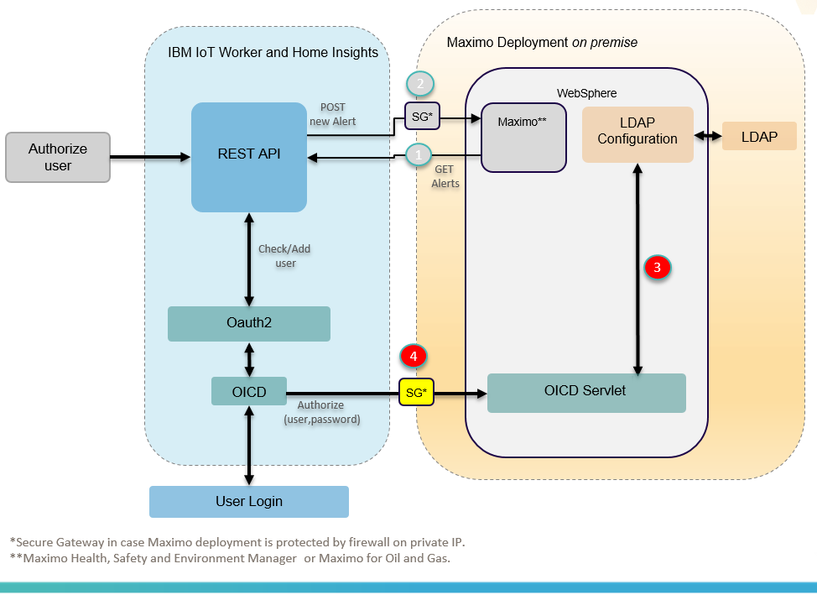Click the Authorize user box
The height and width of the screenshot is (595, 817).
[58, 157]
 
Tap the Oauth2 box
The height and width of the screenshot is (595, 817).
[248, 324]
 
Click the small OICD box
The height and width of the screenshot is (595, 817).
[248, 391]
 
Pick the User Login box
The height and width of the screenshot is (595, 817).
[248, 502]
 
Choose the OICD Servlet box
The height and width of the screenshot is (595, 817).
[586, 393]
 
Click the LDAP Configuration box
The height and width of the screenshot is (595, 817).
[637, 134]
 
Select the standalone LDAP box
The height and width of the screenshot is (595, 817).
[759, 137]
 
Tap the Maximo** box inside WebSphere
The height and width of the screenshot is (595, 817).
[523, 138]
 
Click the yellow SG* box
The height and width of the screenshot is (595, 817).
[416, 393]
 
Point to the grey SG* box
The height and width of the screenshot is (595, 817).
[421, 117]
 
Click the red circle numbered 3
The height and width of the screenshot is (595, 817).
[658, 268]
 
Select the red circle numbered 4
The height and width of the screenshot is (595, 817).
[414, 356]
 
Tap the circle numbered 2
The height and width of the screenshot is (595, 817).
[420, 83]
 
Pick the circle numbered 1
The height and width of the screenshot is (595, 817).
[419, 154]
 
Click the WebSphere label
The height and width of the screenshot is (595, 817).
[586, 92]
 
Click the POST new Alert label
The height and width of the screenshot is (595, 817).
[338, 115]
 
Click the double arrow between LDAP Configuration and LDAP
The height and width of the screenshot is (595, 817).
[708, 136]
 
